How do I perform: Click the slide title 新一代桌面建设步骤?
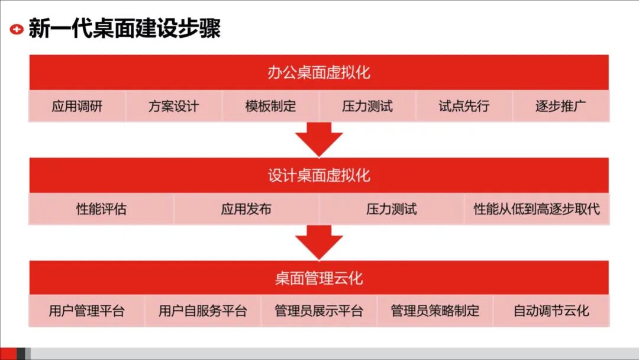124,28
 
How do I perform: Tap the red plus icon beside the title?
17,28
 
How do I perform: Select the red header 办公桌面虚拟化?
319,72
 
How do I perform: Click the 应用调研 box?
77,107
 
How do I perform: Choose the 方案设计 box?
173,107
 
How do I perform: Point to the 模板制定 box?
270,107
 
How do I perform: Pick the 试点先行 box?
464,107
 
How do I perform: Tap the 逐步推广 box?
560,107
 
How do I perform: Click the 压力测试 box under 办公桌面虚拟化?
367,107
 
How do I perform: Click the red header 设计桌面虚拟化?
319,175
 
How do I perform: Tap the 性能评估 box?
101,209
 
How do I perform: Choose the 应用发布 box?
246,209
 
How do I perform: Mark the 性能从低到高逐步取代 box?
537,209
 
